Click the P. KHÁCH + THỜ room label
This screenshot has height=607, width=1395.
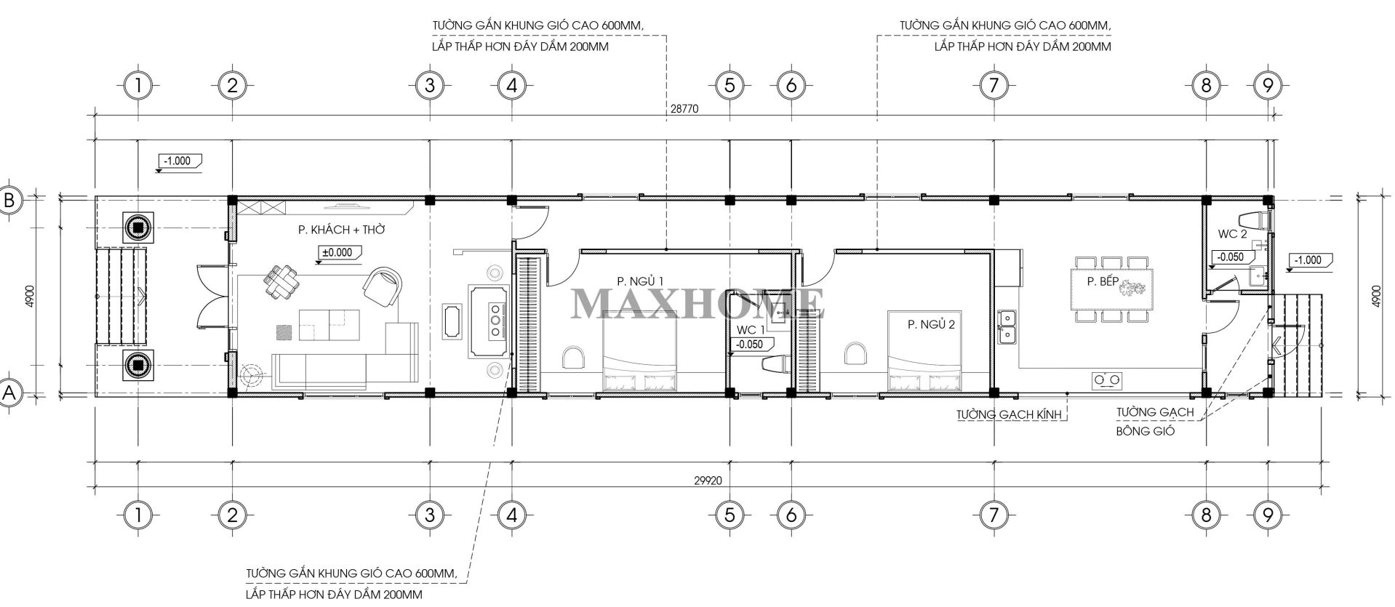(x=341, y=230)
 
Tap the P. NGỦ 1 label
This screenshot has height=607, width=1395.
(x=640, y=281)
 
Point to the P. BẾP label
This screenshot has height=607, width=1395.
(x=1103, y=282)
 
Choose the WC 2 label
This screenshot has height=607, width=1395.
(x=1233, y=234)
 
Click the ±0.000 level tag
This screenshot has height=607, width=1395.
(x=336, y=253)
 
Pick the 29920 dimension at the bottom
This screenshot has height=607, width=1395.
(x=706, y=481)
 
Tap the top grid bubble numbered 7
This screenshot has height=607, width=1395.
(x=993, y=86)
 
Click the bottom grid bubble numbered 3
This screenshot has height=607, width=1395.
(x=430, y=515)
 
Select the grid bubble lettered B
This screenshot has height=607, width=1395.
(x=10, y=201)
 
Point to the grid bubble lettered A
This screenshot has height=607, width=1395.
(x=10, y=393)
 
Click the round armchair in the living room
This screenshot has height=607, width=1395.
(x=382, y=286)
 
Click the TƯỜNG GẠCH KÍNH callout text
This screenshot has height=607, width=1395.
(x=1010, y=414)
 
